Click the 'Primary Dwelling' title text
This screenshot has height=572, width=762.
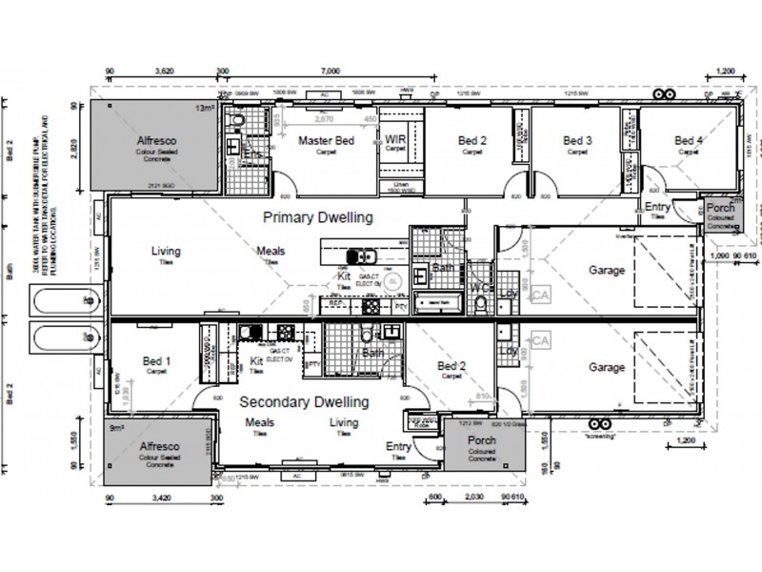(317, 217)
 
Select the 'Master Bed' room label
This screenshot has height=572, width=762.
(327, 141)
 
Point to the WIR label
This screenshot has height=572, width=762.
(395, 139)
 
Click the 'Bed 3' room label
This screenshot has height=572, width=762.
(576, 141)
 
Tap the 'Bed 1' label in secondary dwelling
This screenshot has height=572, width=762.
(157, 361)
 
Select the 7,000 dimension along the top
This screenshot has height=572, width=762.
(331, 71)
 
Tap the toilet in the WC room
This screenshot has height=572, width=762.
(482, 302)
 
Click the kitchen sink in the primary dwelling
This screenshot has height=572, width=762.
(360, 256)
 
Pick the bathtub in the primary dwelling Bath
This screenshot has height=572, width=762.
(439, 304)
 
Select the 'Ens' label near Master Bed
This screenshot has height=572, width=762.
(252, 154)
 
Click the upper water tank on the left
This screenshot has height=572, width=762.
(58, 304)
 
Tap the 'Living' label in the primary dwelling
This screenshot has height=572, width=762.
(166, 252)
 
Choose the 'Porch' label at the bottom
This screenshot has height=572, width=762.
(481, 440)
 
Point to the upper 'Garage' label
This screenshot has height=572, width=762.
(606, 271)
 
